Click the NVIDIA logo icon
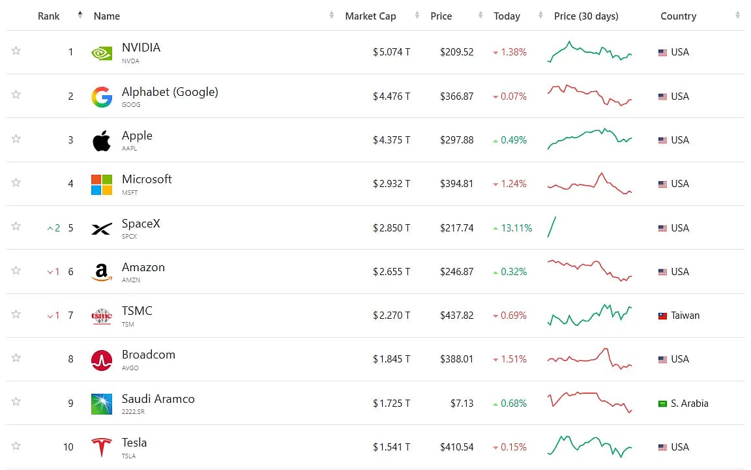(102, 53)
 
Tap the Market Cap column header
(370, 16)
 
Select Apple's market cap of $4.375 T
(391, 140)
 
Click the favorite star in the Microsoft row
(16, 183)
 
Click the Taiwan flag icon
(662, 316)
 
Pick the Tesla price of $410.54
(456, 447)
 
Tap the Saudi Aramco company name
(158, 398)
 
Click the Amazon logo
(102, 272)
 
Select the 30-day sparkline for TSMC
(589, 315)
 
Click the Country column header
(678, 16)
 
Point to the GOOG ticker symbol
(131, 104)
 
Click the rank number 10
(68, 447)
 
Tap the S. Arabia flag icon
(662, 404)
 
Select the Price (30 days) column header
(586, 16)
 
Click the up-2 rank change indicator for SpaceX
(53, 228)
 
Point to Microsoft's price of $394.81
(456, 184)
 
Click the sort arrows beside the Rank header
(80, 16)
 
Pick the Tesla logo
(102, 447)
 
